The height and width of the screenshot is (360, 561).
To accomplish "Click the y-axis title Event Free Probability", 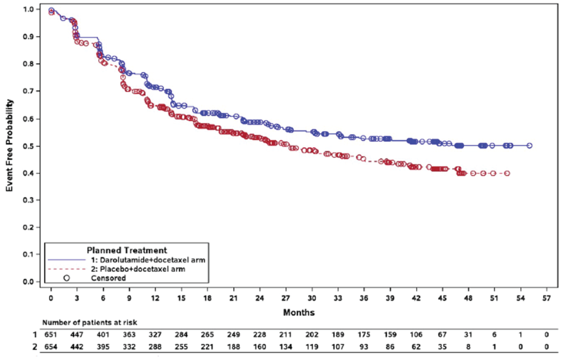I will [10, 145].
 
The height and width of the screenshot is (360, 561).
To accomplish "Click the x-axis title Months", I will [298, 313].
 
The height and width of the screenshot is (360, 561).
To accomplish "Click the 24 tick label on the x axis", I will [260, 298].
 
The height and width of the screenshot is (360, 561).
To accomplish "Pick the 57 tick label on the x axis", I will [546, 298].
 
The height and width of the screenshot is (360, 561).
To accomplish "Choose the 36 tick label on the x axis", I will [364, 298].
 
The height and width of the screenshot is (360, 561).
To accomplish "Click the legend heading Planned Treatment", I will [126, 250].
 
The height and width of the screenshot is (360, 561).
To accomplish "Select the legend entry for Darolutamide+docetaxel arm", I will [148, 260].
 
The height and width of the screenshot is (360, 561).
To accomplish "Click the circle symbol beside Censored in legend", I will [66, 278].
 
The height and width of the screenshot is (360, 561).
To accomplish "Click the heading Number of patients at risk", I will [89, 323].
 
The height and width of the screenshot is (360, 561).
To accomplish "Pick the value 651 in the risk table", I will [51, 335].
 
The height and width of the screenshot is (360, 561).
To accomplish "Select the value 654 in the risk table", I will [51, 347].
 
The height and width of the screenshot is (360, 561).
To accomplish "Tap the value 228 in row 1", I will [260, 335].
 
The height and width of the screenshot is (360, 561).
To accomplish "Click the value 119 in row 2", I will [312, 347].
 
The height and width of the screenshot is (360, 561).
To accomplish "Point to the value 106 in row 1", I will [416, 335].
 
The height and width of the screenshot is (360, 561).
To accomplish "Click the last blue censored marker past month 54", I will [529, 146].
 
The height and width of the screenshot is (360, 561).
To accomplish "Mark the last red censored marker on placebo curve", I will [507, 173].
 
